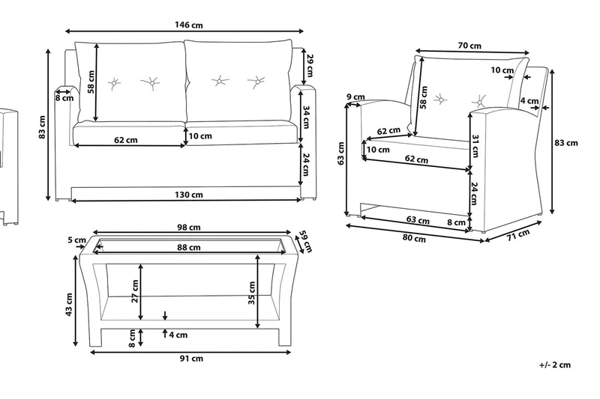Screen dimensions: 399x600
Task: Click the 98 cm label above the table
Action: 188,228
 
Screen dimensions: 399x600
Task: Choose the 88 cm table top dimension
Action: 188,247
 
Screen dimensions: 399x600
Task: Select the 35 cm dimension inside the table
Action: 253,292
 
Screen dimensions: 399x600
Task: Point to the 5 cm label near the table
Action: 76,240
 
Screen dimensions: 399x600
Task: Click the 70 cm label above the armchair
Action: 469,46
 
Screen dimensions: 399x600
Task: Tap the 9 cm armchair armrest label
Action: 355,97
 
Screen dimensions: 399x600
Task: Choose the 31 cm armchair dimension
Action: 475,147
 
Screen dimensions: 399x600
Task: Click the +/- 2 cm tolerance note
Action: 555,365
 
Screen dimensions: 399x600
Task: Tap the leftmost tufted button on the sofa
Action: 114,82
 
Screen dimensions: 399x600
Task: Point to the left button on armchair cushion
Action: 439,97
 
